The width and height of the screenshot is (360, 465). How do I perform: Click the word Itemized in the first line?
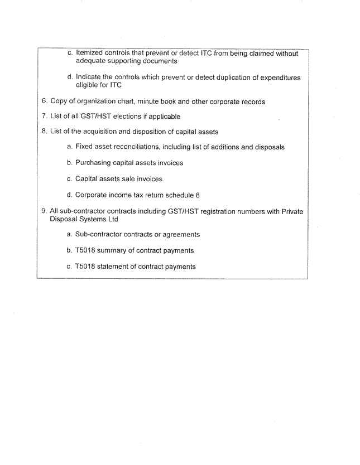(90, 54)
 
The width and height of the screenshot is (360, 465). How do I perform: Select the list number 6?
(45, 101)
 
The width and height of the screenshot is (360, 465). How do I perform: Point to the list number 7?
(45, 117)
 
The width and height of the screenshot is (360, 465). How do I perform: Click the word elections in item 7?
(136, 117)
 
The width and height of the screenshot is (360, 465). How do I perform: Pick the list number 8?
(45, 132)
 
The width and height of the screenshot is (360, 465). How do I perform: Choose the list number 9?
(45, 211)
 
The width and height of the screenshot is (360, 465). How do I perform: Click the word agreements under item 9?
(179, 235)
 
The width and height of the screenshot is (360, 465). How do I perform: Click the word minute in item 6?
(155, 101)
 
